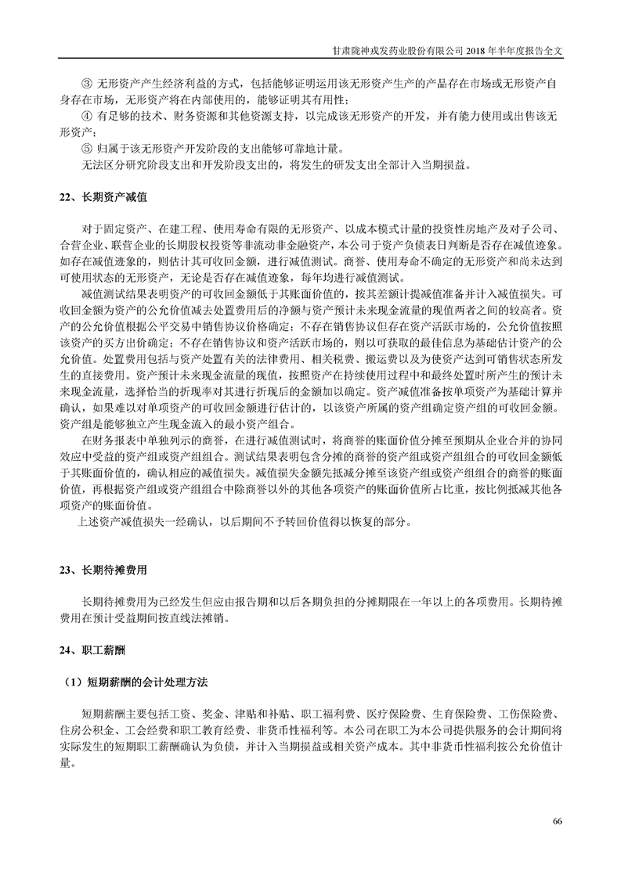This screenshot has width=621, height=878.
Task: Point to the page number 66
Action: coord(558,820)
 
